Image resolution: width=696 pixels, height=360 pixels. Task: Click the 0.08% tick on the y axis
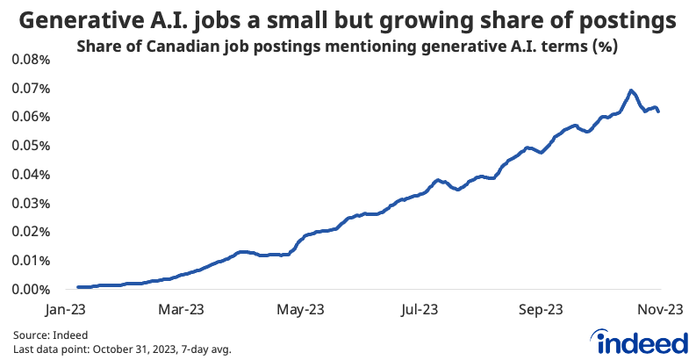tap(32, 59)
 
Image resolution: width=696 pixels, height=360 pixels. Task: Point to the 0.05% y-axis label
tap(32, 145)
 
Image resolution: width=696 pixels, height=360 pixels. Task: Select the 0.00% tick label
tap(32, 289)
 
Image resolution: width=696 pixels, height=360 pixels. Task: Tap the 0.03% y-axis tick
tap(32, 203)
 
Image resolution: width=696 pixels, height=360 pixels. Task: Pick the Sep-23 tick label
tap(541, 309)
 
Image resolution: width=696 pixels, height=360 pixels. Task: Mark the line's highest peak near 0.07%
tap(630, 90)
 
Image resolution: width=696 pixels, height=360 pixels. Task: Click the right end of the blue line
tap(659, 111)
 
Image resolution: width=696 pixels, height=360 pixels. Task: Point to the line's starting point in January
tap(78, 287)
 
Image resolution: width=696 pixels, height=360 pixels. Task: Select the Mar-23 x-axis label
tap(183, 309)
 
